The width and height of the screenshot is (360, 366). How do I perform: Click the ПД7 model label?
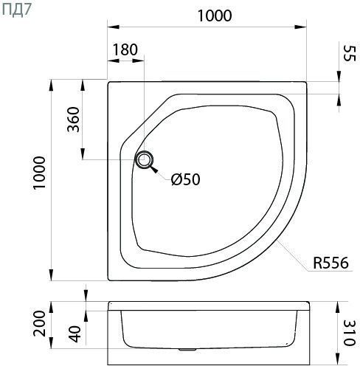(17, 10)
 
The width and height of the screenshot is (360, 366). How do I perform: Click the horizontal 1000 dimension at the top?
(215, 15)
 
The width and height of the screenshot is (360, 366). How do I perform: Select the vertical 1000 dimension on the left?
(40, 173)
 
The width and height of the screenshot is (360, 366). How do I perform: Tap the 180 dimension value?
(125, 49)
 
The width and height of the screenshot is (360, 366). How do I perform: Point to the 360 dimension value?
(74, 120)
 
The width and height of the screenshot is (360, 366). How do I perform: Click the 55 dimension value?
(349, 53)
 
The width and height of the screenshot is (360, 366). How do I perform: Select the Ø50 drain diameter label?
(186, 179)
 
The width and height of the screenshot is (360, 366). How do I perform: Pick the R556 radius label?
(330, 263)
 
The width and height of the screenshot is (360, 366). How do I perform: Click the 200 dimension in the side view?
(40, 323)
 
